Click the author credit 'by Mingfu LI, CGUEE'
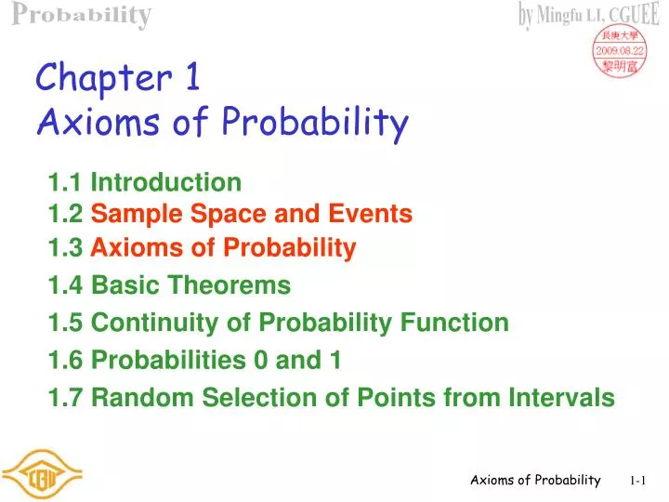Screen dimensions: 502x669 tap(591, 14)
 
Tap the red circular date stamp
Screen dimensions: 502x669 tap(620, 51)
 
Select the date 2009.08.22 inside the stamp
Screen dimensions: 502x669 tap(620, 51)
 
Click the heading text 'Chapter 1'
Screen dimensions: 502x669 tap(118, 77)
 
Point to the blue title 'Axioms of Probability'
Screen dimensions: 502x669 tap(222, 122)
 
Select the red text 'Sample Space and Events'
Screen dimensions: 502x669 tap(252, 215)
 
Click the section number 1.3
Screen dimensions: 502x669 tap(65, 247)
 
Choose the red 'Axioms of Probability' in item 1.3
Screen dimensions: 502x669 tap(223, 247)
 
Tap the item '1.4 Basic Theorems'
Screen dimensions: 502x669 tap(169, 284)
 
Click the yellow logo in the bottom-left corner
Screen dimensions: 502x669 tap(42, 475)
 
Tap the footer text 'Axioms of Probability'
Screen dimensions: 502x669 tap(535, 480)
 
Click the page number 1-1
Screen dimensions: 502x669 tap(637, 481)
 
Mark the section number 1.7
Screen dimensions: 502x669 tap(65, 398)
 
